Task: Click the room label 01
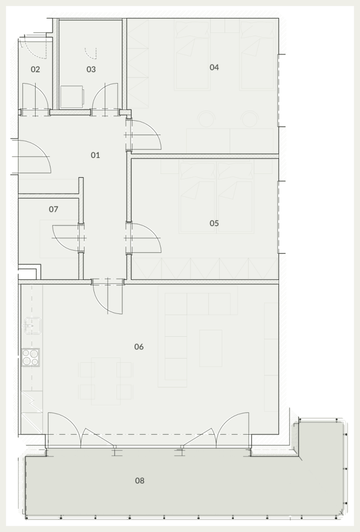95,155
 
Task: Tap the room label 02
35,69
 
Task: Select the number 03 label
91,69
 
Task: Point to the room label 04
214,67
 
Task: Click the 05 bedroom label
214,223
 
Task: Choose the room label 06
139,347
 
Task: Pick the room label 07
53,209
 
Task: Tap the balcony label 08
139,480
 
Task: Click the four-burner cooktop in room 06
30,358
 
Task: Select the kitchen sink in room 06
32,326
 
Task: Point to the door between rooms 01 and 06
107,297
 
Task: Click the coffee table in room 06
211,348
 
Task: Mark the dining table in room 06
105,381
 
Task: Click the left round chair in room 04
206,119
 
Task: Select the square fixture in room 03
72,97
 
